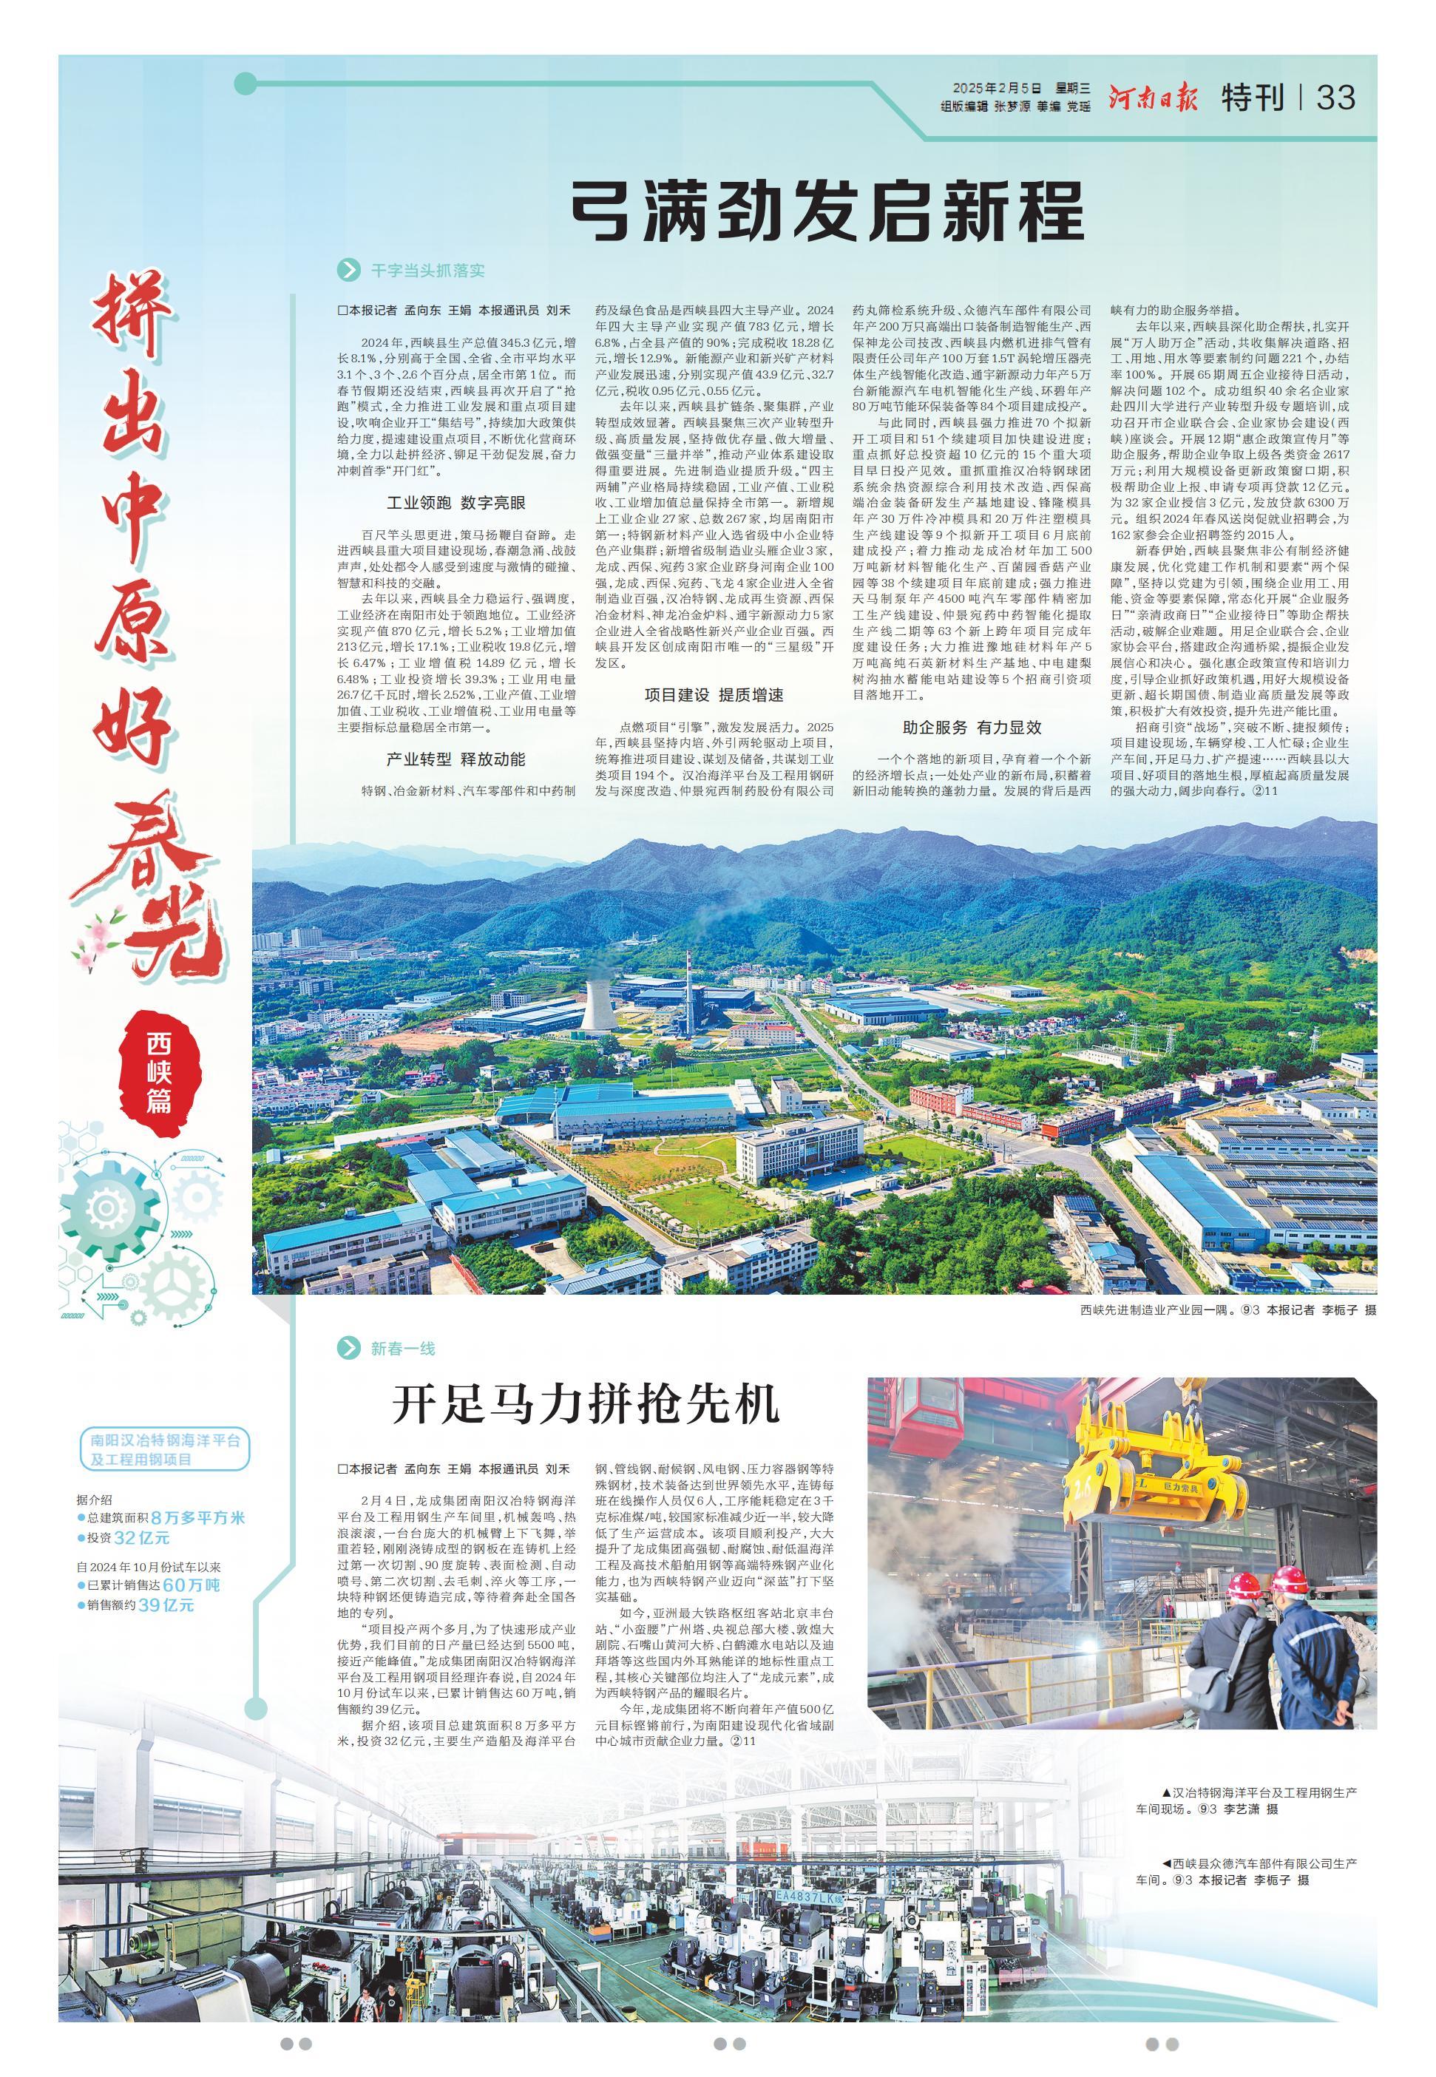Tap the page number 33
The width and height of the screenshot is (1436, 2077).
coord(1335,97)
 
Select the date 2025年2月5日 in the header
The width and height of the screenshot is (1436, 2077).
coord(996,89)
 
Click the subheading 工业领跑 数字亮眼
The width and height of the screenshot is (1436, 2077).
coord(456,502)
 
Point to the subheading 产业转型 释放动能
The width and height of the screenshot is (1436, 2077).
coord(456,759)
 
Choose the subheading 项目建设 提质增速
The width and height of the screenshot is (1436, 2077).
coord(714,694)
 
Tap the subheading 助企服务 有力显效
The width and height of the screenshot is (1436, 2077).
coord(972,727)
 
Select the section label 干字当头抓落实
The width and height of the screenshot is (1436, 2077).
coord(427,270)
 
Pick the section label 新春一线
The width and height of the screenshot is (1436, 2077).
coord(402,1347)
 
